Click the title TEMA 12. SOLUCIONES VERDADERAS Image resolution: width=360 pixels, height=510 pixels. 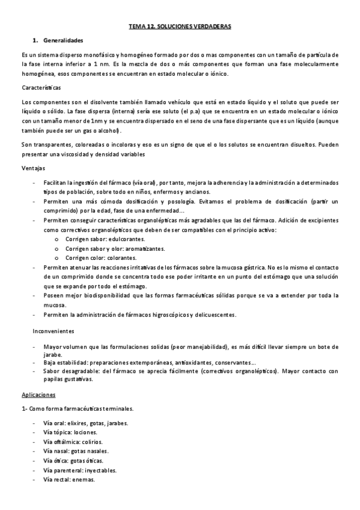[180, 27]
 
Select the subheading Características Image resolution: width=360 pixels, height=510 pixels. [40, 88]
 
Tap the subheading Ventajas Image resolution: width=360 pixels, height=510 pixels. [32, 168]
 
